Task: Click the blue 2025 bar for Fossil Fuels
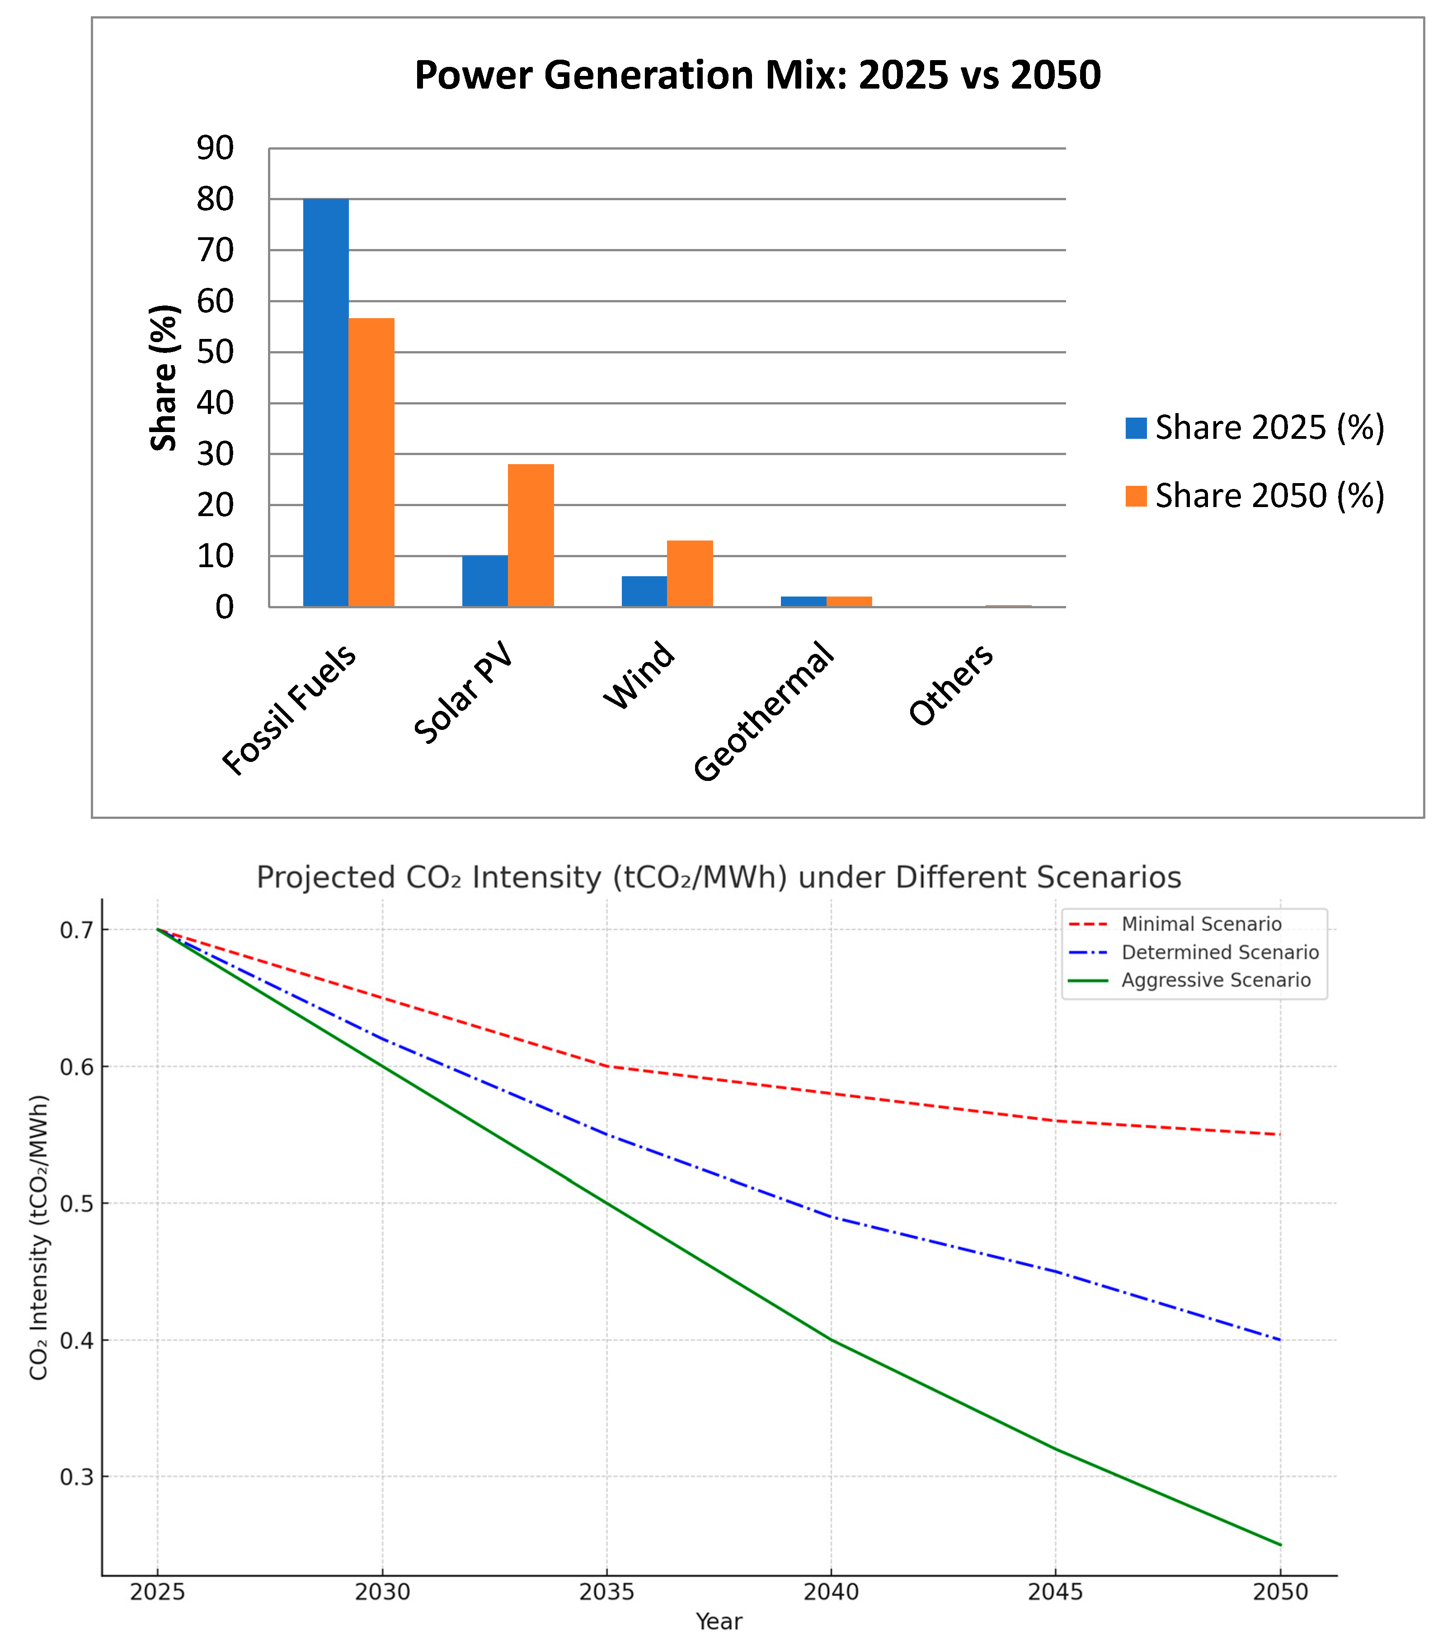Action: (x=325, y=402)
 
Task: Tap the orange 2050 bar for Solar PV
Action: (x=531, y=535)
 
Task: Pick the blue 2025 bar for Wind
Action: (x=644, y=592)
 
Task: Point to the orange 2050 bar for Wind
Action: (x=690, y=574)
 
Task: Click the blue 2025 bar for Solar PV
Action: (x=484, y=581)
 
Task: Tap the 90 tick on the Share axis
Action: (x=215, y=148)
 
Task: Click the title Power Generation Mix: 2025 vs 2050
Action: (x=757, y=75)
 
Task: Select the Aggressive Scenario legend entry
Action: (x=1215, y=980)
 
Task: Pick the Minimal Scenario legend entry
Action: (x=1201, y=924)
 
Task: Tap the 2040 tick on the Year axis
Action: (x=832, y=1592)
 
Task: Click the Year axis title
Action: (x=719, y=1621)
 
